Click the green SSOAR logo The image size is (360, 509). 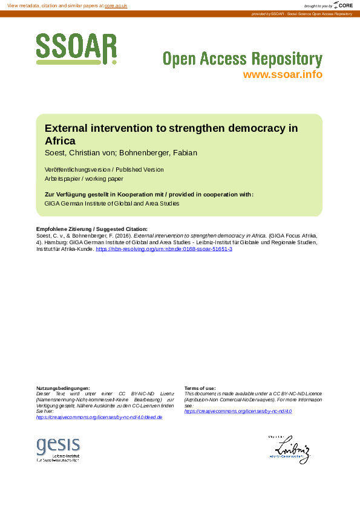76,48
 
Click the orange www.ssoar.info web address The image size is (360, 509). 282,75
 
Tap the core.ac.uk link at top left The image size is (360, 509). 116,5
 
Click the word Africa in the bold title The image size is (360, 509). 60,141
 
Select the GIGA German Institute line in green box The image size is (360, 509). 112,204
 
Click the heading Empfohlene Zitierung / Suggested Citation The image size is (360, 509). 92,229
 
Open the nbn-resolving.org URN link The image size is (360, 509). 164,249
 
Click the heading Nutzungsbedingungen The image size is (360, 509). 63,388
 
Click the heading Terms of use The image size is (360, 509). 200,388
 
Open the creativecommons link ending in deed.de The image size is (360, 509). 99,417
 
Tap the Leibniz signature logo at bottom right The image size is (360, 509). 289,450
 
